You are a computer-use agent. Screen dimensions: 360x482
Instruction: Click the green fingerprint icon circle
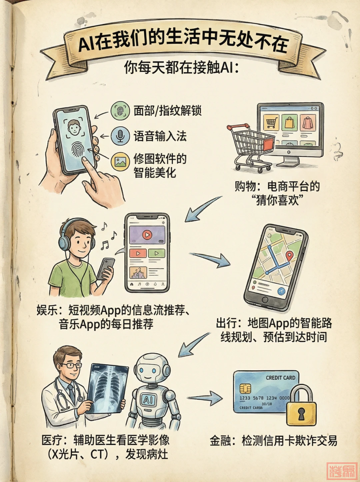[120, 111]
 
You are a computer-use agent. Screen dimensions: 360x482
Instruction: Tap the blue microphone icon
[120, 135]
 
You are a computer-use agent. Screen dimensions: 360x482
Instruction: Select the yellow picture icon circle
[120, 162]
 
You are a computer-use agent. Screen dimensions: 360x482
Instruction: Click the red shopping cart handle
[238, 127]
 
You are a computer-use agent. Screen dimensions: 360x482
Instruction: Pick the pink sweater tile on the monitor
[308, 122]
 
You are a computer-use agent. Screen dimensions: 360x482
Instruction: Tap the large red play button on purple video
[147, 235]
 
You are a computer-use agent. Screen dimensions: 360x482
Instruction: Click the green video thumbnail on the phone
[157, 253]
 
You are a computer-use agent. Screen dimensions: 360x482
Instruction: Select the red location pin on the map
[289, 256]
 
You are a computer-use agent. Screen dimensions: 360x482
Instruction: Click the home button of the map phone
[265, 299]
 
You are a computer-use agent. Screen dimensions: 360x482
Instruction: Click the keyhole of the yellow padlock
[301, 413]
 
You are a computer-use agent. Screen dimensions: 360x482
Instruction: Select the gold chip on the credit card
[246, 388]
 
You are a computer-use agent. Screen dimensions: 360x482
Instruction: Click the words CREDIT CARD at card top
[281, 377]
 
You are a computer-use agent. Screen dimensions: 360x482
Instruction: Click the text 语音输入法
[160, 136]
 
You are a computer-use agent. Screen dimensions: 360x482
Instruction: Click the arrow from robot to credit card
[205, 397]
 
